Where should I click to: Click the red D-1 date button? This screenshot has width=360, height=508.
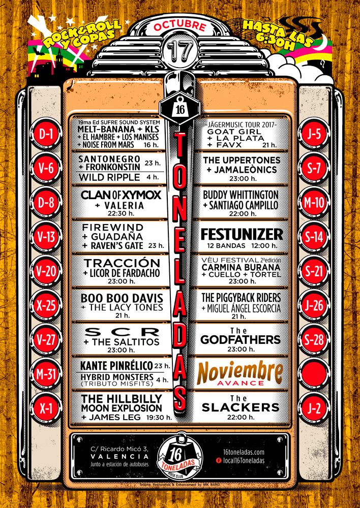[47, 134]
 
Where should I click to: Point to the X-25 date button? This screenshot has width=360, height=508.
[47, 305]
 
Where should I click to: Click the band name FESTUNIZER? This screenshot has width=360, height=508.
[242, 235]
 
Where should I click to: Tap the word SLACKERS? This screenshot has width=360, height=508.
[242, 407]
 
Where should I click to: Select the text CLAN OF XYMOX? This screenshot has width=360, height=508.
[121, 196]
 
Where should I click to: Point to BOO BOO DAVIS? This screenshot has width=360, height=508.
[122, 297]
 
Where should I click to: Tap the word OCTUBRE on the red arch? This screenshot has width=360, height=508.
[179, 26]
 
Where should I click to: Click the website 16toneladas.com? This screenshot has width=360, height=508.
[244, 452]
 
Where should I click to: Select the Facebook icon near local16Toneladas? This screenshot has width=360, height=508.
[219, 460]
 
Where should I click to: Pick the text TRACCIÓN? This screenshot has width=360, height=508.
[122, 263]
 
